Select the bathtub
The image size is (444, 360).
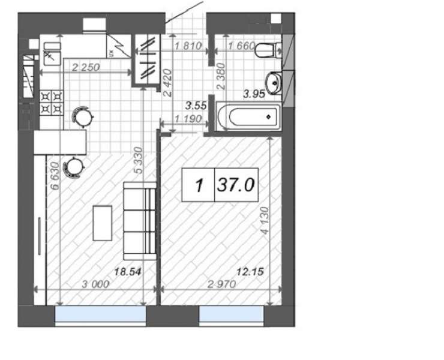(x=248, y=117)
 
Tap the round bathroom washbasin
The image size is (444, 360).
(x=274, y=83)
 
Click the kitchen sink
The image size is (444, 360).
(x=52, y=54)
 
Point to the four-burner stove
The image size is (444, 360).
(x=52, y=103)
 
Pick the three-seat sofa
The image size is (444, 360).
(x=140, y=221)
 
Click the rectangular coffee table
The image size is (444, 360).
(x=103, y=223)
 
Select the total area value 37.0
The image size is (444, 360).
(x=236, y=185)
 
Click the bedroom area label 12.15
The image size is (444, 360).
(x=250, y=272)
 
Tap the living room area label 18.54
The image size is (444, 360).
(x=127, y=272)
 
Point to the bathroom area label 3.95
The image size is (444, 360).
(x=254, y=94)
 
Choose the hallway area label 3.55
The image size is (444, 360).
(x=196, y=106)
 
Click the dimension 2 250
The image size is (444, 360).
(x=86, y=67)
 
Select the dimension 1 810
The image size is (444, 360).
(x=188, y=46)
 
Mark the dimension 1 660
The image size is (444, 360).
(x=242, y=46)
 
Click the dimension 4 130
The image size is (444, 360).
(x=265, y=221)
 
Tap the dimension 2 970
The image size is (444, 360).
(x=222, y=284)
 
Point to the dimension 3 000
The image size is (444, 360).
(x=95, y=284)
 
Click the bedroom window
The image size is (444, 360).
(x=232, y=314)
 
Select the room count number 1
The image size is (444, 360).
(x=199, y=186)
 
